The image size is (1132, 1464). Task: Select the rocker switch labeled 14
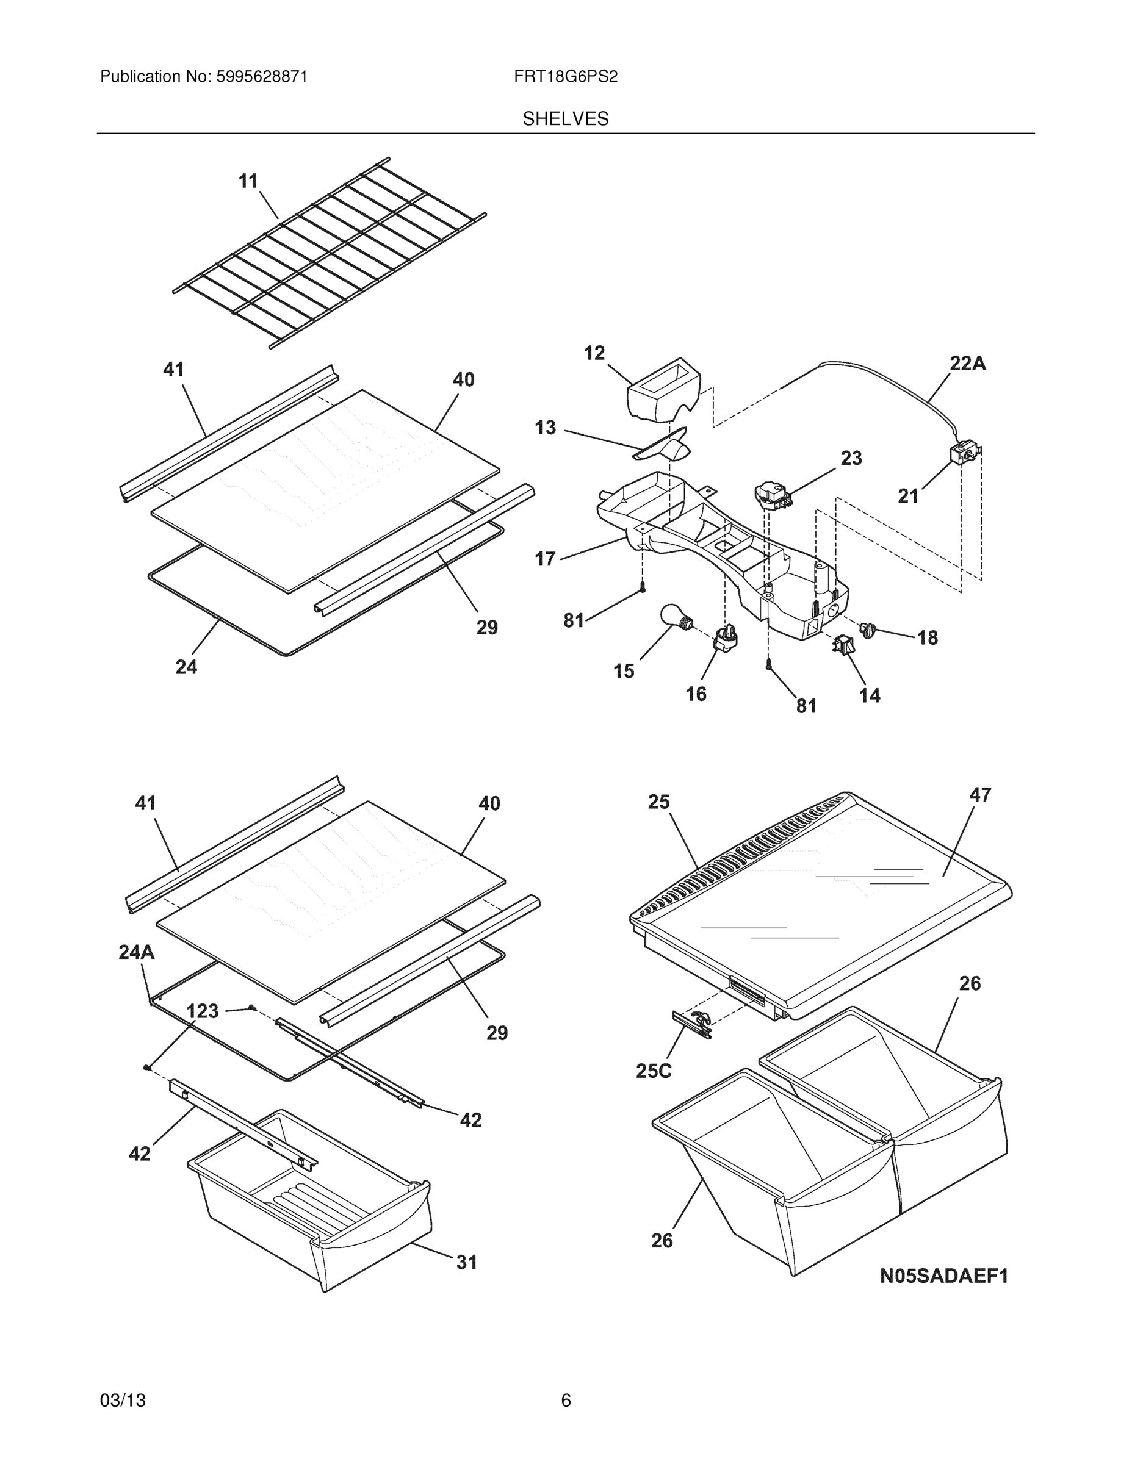pyautogui.click(x=843, y=645)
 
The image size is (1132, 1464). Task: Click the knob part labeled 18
pyautogui.click(x=868, y=630)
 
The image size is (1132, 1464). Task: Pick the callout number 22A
pyautogui.click(x=967, y=364)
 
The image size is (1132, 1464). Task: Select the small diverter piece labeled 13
pyautogui.click(x=664, y=446)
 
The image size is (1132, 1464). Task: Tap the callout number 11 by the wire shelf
pyautogui.click(x=248, y=181)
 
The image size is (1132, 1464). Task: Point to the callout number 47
pyautogui.click(x=980, y=795)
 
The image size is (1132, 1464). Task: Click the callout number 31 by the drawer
pyautogui.click(x=467, y=1262)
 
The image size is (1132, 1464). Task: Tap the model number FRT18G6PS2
pyautogui.click(x=565, y=77)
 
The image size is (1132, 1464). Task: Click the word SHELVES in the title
pyautogui.click(x=565, y=120)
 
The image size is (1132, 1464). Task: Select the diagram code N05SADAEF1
pyautogui.click(x=943, y=1276)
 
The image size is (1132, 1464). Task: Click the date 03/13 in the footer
pyautogui.click(x=123, y=1401)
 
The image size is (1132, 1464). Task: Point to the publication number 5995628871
pyautogui.click(x=262, y=77)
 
